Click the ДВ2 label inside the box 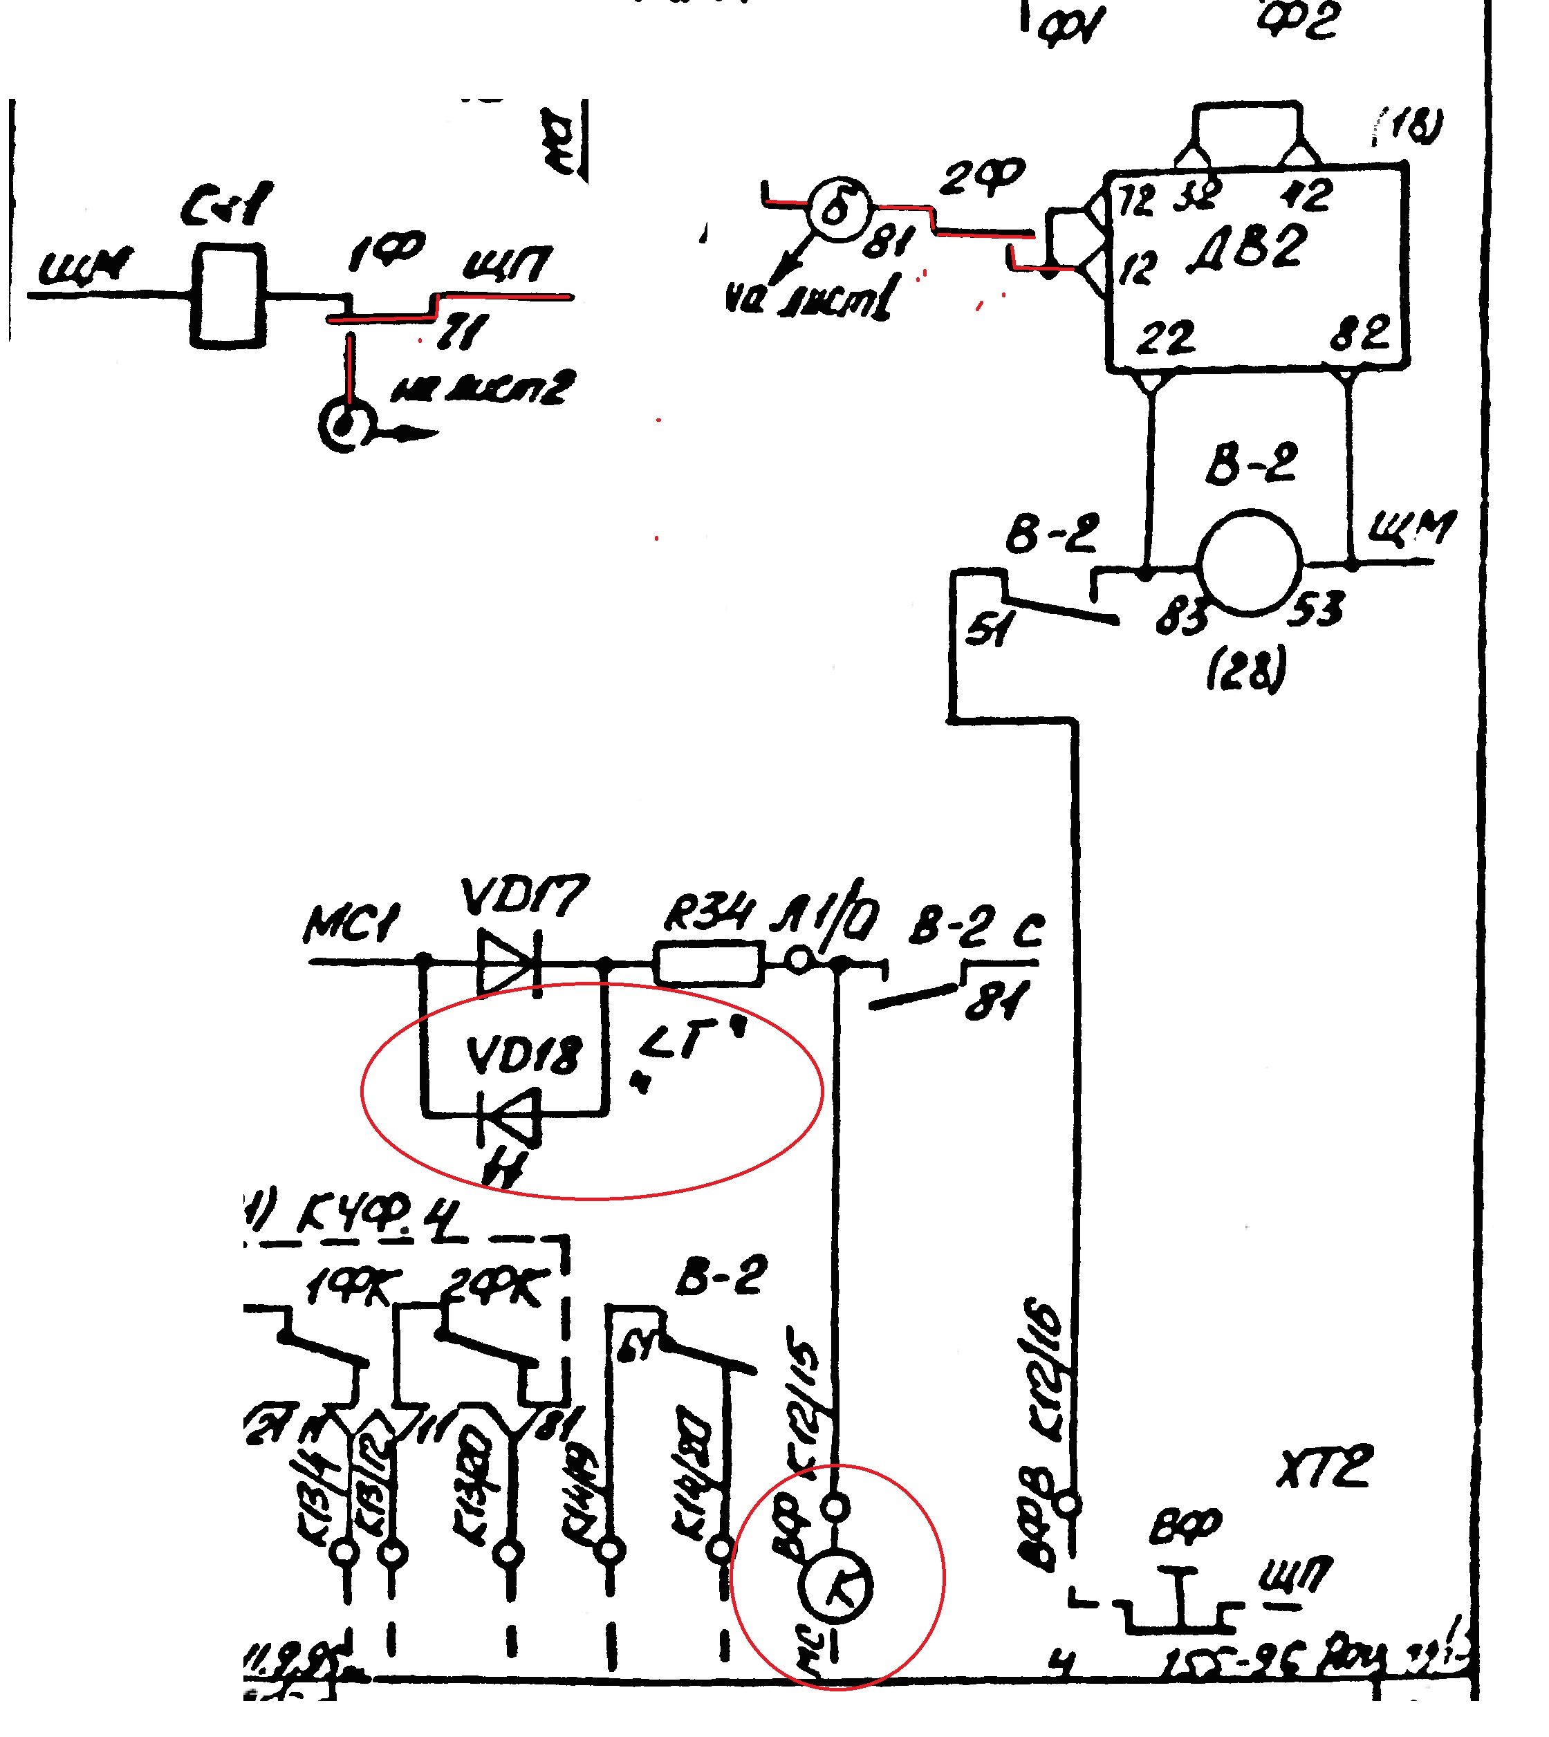click(1247, 248)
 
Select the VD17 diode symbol click(509, 963)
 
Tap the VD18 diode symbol click(509, 1115)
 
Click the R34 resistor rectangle click(709, 963)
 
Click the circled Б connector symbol click(838, 209)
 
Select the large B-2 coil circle click(1250, 561)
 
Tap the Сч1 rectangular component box click(228, 295)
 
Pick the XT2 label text click(1324, 1467)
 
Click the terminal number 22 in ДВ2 click(1166, 338)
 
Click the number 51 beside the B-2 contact click(989, 630)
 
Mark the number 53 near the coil click(1316, 609)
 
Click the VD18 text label click(523, 1056)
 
